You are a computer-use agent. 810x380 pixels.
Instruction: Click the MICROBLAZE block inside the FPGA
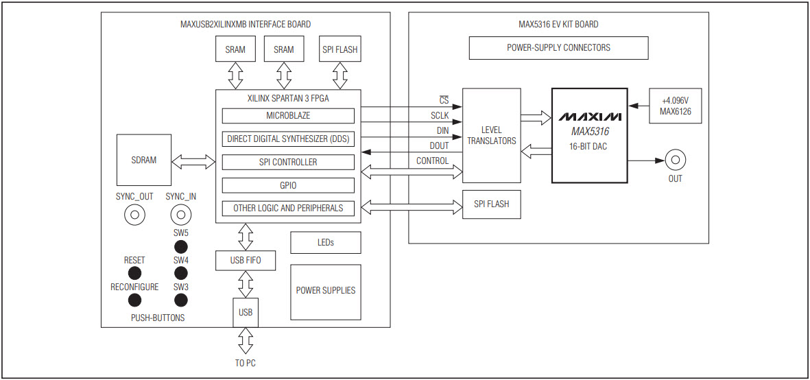click(x=288, y=116)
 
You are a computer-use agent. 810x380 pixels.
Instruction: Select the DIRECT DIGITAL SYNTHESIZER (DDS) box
click(x=288, y=139)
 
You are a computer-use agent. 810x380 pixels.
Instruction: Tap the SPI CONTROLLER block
click(x=288, y=163)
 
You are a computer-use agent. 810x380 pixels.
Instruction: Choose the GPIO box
click(x=288, y=185)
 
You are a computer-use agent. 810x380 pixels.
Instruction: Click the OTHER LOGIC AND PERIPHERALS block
click(x=288, y=208)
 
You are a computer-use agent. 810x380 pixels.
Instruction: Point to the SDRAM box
click(x=144, y=160)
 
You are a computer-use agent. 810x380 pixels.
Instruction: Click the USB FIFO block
click(x=246, y=261)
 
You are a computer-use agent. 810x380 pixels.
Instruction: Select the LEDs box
click(x=325, y=243)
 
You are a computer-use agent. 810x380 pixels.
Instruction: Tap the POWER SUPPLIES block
click(x=325, y=291)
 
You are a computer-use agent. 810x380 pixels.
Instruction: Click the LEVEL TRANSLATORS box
click(x=492, y=135)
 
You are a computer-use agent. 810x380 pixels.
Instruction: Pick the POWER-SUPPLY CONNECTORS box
click(x=558, y=48)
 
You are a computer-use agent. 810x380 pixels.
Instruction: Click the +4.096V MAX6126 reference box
click(x=675, y=106)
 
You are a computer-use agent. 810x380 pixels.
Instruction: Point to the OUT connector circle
click(x=676, y=161)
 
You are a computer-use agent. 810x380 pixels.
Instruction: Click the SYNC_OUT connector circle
click(x=134, y=215)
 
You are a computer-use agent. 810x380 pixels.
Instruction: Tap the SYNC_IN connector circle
click(x=180, y=215)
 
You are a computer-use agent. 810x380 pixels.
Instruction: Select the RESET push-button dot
click(x=134, y=274)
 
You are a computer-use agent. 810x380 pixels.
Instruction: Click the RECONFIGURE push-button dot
click(x=134, y=300)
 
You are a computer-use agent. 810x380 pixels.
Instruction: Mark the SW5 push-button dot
click(x=180, y=247)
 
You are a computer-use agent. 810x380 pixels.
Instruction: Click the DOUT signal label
click(x=439, y=145)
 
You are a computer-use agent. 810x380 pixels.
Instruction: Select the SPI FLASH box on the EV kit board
click(x=492, y=204)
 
